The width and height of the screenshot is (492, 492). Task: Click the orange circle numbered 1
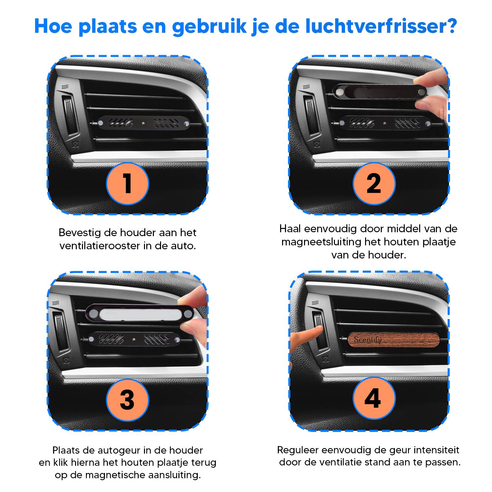(x=128, y=184)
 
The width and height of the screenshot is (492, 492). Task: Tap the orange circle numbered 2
(x=374, y=184)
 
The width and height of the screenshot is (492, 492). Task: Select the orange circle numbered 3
(x=128, y=400)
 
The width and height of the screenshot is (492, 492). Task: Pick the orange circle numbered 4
(x=374, y=398)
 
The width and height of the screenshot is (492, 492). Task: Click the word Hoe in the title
(x=53, y=26)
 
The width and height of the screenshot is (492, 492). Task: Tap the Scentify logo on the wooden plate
(x=368, y=340)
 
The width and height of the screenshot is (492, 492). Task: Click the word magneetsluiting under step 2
(x=321, y=242)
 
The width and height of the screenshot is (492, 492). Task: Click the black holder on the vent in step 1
(x=144, y=123)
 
